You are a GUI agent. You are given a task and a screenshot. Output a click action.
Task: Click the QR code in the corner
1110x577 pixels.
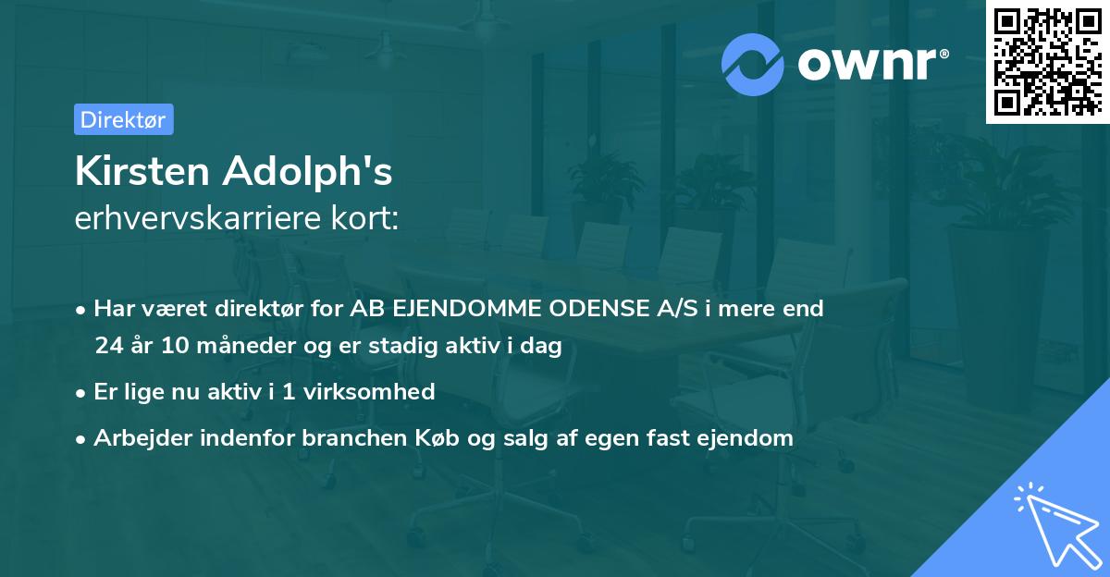point(1047,61)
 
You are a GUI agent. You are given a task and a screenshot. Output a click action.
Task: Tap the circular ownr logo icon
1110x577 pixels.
point(753,64)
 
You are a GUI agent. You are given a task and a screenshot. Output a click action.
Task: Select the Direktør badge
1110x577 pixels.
point(123,119)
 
